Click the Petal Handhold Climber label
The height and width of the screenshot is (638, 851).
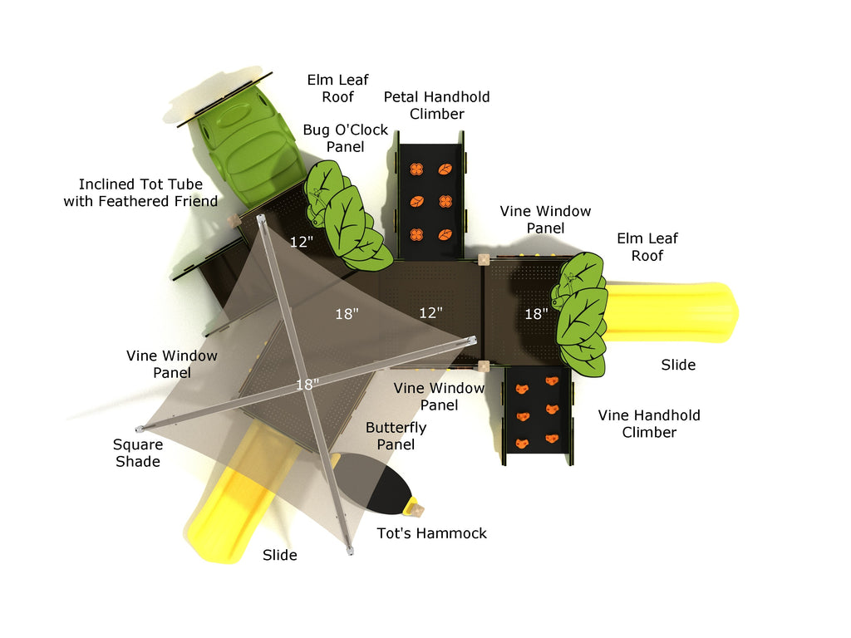click(436, 106)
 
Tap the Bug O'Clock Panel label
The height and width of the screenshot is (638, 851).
click(345, 138)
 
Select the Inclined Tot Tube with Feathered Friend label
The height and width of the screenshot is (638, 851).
click(140, 193)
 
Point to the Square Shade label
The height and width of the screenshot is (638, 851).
click(138, 453)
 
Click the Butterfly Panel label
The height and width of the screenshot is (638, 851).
click(396, 436)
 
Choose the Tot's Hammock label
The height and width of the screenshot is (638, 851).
click(431, 533)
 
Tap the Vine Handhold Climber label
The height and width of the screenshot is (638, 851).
click(649, 424)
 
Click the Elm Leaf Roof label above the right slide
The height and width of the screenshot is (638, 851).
click(647, 247)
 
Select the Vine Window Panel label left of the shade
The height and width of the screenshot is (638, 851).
click(172, 364)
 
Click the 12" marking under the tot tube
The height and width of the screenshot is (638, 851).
click(302, 242)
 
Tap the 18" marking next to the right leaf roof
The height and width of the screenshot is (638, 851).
click(536, 314)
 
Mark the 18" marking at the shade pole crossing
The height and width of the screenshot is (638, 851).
click(307, 385)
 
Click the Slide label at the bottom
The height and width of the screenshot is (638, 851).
click(279, 555)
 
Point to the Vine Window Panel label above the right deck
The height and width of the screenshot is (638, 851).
click(545, 220)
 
